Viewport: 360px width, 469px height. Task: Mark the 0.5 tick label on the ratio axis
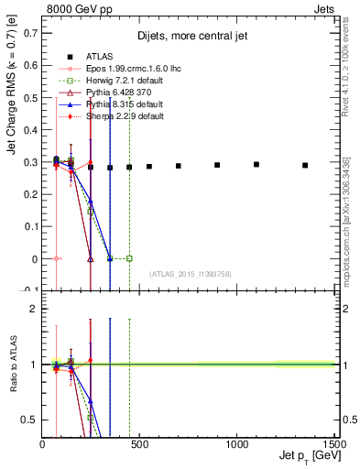click(x=30, y=420)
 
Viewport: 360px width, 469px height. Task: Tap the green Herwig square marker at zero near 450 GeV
click(x=129, y=259)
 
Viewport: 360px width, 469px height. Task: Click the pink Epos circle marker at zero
click(x=57, y=259)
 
